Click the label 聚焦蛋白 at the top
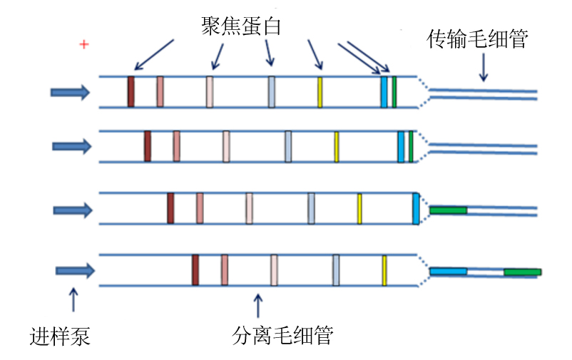click(241, 27)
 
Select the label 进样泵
click(61, 335)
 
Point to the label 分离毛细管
click(283, 335)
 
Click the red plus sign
click(84, 45)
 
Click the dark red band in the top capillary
click(131, 92)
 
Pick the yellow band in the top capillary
click(320, 92)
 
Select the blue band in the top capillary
click(384, 92)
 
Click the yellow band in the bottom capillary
click(384, 270)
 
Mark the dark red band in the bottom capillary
click(195, 270)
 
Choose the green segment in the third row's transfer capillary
click(448, 210)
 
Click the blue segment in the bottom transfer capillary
click(448, 272)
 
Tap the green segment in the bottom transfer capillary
click(522, 272)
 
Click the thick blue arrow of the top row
click(70, 92)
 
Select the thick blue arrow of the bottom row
click(75, 270)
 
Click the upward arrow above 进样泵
click(73, 300)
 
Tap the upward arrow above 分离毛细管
click(258, 304)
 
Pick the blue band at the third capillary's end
click(417, 209)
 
